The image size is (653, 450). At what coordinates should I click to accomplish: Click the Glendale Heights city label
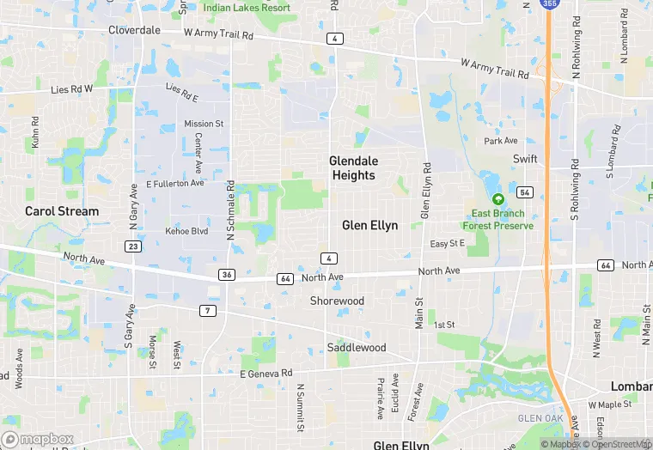pyautogui.click(x=353, y=167)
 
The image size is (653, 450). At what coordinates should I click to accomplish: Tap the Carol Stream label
pyautogui.click(x=62, y=210)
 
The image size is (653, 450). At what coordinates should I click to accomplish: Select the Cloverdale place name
pyautogui.click(x=134, y=30)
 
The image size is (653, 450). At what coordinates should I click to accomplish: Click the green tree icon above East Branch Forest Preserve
pyautogui.click(x=497, y=198)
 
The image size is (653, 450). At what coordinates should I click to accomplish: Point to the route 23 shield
pyautogui.click(x=132, y=246)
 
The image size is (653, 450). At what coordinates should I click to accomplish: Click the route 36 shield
pyautogui.click(x=226, y=275)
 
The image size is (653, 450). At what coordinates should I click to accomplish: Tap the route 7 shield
pyautogui.click(x=208, y=310)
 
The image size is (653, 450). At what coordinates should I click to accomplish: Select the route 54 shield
pyautogui.click(x=525, y=192)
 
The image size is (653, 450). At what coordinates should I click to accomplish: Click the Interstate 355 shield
pyautogui.click(x=548, y=4)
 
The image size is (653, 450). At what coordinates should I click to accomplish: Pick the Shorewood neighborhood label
pyautogui.click(x=337, y=301)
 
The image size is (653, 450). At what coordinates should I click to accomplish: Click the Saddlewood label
pyautogui.click(x=356, y=348)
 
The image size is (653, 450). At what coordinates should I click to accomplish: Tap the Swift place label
pyautogui.click(x=524, y=160)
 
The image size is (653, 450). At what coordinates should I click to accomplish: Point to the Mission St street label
pyautogui.click(x=204, y=124)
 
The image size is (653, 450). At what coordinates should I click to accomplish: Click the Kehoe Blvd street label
pyautogui.click(x=186, y=232)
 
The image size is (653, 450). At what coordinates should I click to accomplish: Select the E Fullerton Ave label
pyautogui.click(x=175, y=183)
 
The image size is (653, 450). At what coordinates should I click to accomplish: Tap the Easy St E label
pyautogui.click(x=447, y=244)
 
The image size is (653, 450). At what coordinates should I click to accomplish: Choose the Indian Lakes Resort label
pyautogui.click(x=247, y=8)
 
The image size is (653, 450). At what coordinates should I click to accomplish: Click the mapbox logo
pyautogui.click(x=39, y=439)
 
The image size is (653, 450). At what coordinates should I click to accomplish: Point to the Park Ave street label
pyautogui.click(x=500, y=141)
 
